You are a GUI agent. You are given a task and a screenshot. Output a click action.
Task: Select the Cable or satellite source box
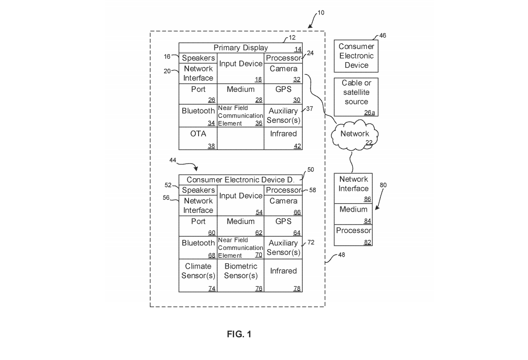tap(356, 96)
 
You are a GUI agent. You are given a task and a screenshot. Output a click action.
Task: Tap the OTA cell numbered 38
tap(198, 139)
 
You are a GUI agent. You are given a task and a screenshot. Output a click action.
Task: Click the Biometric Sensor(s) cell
tap(241, 275)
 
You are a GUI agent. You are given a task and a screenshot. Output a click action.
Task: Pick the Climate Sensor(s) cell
tap(198, 275)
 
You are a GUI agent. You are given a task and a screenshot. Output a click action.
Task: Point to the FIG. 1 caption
tap(239, 335)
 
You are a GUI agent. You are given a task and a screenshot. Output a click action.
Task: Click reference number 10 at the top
tap(321, 13)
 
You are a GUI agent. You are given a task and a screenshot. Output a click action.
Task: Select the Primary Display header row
tap(241, 48)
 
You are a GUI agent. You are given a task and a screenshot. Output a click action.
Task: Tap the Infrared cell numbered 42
tap(283, 139)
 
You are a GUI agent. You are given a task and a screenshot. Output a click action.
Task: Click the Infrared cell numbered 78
tap(283, 275)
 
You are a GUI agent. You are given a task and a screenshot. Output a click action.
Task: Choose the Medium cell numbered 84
tap(353, 214)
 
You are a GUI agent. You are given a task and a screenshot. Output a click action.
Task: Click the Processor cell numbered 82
tap(353, 235)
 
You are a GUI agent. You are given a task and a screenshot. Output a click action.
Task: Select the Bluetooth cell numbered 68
tap(198, 247)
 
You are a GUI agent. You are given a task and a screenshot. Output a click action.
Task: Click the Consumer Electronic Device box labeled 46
tap(356, 56)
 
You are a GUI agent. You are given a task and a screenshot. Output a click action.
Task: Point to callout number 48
tap(341, 255)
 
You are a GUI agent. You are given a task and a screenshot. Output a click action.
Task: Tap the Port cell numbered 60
tap(198, 226)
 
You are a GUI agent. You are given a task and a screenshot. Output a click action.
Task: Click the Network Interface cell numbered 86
tap(353, 188)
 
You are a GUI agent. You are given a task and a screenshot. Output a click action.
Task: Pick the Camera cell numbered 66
tap(283, 205)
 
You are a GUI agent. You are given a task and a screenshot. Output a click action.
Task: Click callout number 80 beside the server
tap(383, 185)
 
